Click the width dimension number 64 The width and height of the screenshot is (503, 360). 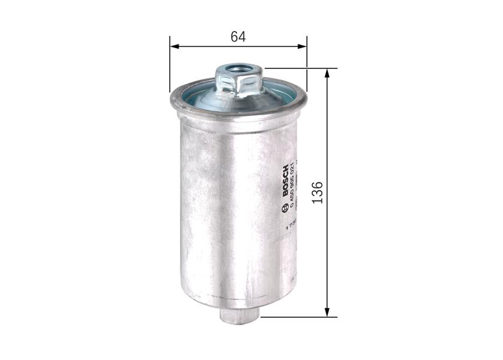point(238,36)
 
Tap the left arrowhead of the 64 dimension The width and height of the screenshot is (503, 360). point(174,46)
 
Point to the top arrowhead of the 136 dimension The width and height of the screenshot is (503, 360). point(327,73)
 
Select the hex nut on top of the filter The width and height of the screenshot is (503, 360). point(238,83)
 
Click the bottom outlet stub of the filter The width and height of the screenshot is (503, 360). point(239,315)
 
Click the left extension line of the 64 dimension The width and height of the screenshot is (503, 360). point(170,66)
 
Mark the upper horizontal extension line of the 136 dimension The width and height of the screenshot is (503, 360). point(300,68)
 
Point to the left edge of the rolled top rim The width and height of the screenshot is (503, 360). point(173,102)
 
